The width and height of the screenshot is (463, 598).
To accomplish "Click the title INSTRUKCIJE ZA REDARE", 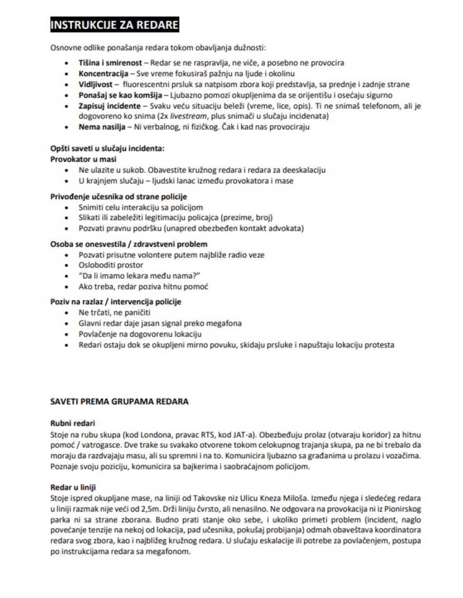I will point(114,24).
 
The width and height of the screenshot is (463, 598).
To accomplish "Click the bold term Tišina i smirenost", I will point(110,63).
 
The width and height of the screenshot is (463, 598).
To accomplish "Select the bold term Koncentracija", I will point(103,74).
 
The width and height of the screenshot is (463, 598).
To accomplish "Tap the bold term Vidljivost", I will point(95,84).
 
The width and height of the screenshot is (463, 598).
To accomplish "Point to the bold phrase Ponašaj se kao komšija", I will point(120,95).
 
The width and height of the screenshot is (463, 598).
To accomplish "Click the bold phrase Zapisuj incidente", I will point(109,106).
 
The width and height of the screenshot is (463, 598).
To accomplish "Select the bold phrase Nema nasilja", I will point(102,127).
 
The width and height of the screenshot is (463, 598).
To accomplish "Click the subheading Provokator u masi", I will point(83,159).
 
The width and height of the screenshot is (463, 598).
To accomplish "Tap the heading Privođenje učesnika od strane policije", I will point(118,197).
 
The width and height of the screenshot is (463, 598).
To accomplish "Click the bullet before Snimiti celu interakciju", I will point(67,208).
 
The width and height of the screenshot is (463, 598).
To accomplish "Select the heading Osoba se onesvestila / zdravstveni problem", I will point(129,244).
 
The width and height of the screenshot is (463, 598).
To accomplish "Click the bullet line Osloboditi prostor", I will point(111,265).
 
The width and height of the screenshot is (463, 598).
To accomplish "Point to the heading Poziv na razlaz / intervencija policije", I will point(116,302).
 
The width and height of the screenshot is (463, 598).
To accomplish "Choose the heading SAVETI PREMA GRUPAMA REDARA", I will point(119,402).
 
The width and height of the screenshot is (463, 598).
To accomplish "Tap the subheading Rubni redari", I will point(73,424).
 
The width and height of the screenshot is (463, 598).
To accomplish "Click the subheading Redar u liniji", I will point(73,487).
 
